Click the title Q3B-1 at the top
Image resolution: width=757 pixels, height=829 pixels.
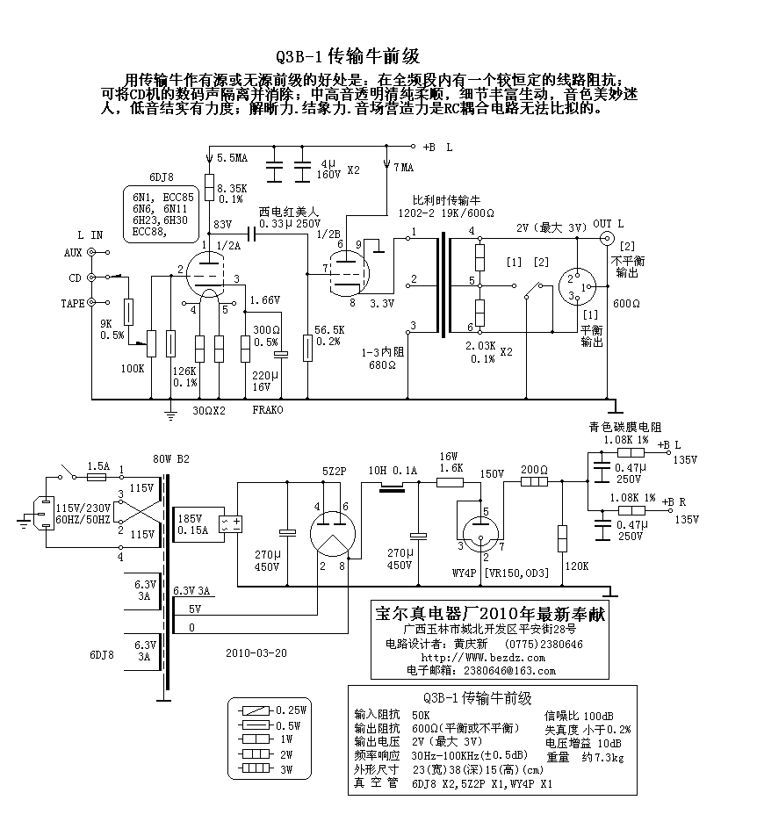[x=299, y=56]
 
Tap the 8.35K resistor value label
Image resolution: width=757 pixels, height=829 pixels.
[x=232, y=188]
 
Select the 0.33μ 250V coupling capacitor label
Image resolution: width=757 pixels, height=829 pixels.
[x=290, y=224]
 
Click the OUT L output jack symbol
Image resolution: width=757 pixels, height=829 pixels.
[x=608, y=239]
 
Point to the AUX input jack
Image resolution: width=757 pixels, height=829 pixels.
[x=91, y=253]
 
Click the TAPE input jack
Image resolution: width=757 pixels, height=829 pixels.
[x=91, y=302]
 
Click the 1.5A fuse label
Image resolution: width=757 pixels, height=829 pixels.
[x=98, y=465]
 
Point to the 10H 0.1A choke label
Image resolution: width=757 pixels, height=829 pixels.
[x=393, y=470]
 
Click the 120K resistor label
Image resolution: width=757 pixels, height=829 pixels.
[x=577, y=566]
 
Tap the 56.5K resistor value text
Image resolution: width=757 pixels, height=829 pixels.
[x=329, y=330]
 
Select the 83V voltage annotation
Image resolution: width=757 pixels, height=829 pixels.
[x=222, y=224]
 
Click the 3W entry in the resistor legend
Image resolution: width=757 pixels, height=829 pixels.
[x=286, y=769]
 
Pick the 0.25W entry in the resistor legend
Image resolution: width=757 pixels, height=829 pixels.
[x=292, y=710]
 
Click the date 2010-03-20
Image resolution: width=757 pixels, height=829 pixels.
[x=256, y=653]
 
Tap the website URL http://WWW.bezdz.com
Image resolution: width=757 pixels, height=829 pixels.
[x=483, y=658]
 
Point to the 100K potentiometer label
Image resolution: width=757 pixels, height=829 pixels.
[x=132, y=369]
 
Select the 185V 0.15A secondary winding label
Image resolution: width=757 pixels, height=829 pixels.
[x=193, y=524]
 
